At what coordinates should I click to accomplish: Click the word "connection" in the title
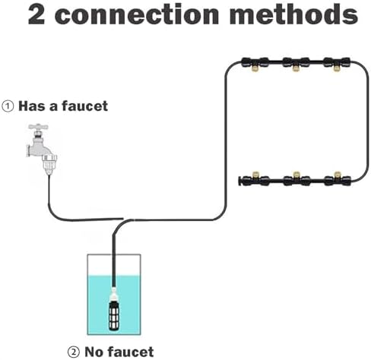click(x=137, y=14)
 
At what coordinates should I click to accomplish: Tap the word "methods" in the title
click(x=294, y=14)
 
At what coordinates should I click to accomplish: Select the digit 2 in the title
click(x=36, y=14)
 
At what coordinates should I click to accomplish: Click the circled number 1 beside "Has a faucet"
click(x=8, y=106)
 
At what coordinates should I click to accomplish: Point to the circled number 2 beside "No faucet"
click(x=74, y=352)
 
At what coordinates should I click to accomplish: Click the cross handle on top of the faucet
click(x=38, y=127)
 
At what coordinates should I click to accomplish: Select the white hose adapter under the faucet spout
click(x=49, y=165)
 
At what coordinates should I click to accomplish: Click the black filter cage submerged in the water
click(x=114, y=316)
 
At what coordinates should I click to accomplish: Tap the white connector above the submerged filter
click(x=114, y=294)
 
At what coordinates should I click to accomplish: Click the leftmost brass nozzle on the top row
click(x=253, y=68)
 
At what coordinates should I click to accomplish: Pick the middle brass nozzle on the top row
click(x=295, y=68)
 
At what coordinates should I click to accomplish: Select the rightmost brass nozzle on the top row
click(x=336, y=68)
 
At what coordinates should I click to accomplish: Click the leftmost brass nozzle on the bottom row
click(x=255, y=175)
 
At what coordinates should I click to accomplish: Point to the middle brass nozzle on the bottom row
click(x=296, y=175)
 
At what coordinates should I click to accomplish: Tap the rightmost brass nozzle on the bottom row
click(x=337, y=175)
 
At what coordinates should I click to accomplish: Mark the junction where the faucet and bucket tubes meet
click(x=127, y=219)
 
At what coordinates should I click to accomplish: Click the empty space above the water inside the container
click(x=114, y=265)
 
